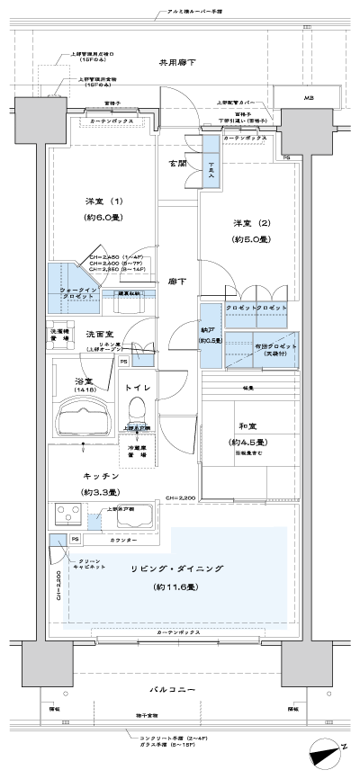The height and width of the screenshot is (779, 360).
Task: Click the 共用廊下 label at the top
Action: coord(177,64)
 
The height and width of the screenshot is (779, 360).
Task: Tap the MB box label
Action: coord(309,97)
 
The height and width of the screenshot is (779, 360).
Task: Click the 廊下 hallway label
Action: coord(177,282)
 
